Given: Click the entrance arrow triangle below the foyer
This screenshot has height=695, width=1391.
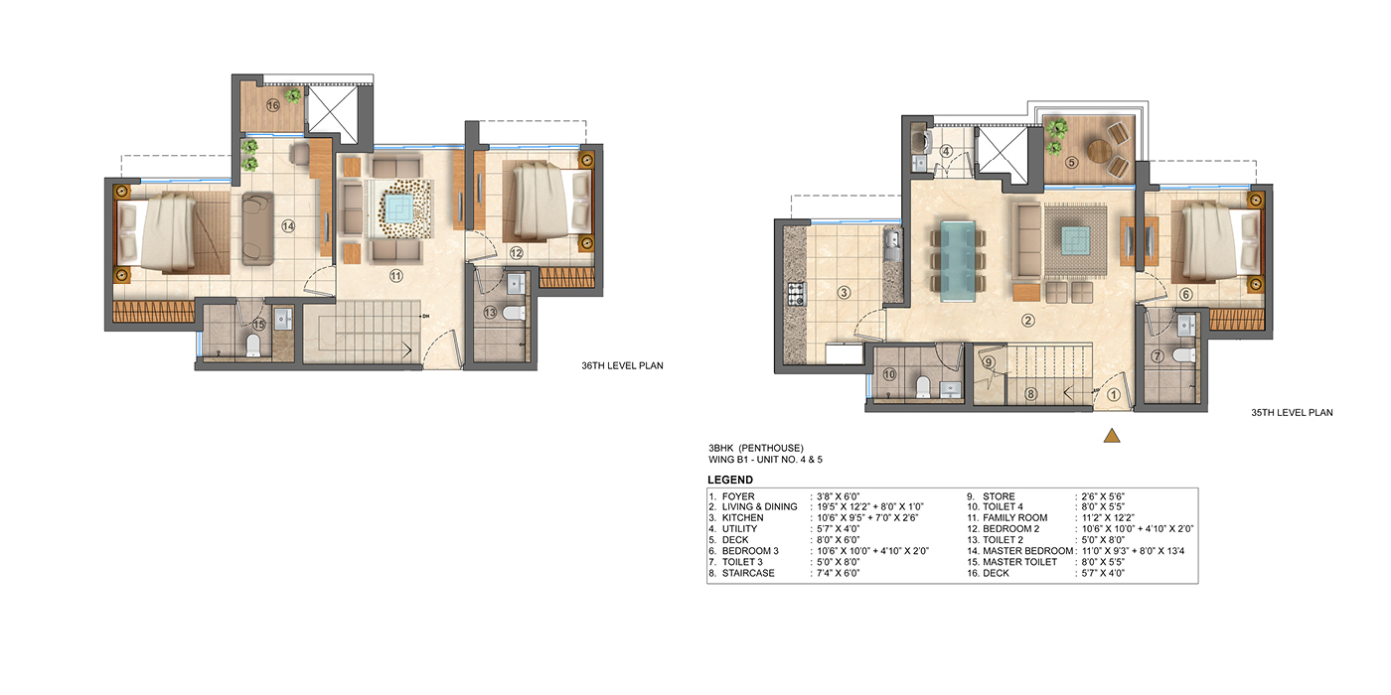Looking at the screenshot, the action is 1112,436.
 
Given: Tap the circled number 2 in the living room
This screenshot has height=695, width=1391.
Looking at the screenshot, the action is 1028,320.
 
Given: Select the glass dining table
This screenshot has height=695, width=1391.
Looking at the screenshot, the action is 958,260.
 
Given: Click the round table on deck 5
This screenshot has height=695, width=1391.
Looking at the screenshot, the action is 1099,151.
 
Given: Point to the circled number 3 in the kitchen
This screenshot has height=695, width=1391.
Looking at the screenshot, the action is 844,292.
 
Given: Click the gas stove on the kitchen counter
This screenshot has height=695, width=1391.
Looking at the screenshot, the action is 796,294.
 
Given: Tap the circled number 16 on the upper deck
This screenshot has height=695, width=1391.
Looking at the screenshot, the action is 273,105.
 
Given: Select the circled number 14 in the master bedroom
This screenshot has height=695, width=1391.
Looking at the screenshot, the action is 288,226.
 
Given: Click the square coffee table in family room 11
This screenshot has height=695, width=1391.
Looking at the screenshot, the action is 398,208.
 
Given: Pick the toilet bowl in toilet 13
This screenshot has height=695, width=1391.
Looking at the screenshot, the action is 513,313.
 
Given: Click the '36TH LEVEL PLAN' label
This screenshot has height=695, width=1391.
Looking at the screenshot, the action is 622,366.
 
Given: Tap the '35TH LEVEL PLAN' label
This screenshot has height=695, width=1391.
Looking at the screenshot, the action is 1292,413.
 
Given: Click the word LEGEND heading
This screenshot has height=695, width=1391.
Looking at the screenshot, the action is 730,480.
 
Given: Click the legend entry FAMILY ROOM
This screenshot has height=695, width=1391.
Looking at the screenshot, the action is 1014,517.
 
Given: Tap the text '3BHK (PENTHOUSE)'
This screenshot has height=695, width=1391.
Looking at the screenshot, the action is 756,448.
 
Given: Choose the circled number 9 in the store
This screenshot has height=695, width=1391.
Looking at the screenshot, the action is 990,362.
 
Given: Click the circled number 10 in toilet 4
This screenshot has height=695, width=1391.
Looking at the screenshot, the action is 889,375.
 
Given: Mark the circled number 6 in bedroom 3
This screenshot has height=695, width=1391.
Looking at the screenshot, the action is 1185,295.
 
